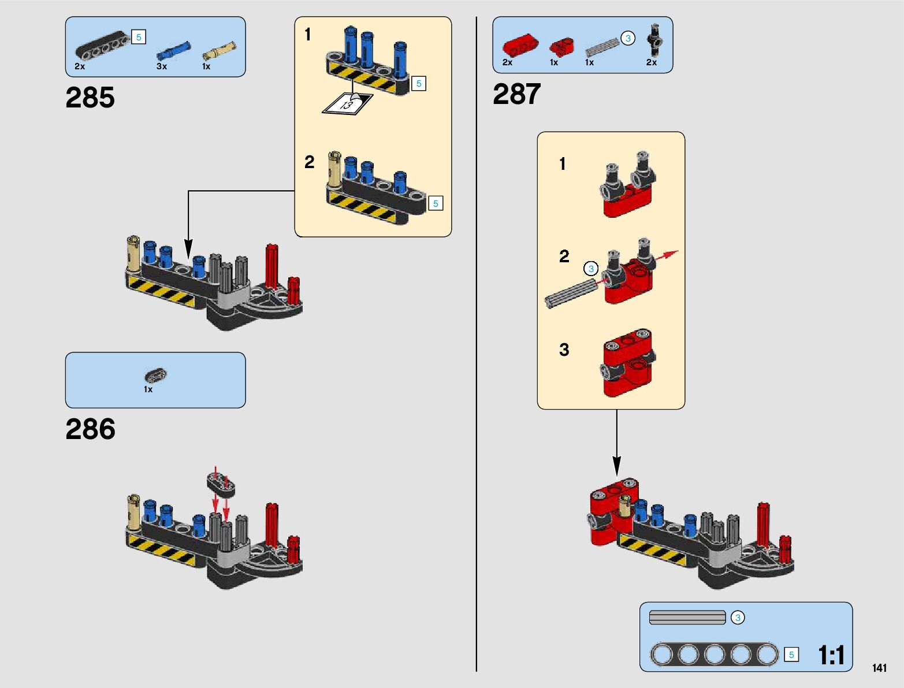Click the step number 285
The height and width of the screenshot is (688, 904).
(90, 97)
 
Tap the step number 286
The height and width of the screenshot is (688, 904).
(90, 429)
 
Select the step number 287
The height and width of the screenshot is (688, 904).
(516, 94)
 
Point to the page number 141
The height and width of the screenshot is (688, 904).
(879, 668)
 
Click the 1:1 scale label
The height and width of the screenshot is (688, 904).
(831, 655)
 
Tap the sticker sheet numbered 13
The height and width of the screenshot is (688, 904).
(347, 105)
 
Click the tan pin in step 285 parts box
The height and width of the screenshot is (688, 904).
(219, 51)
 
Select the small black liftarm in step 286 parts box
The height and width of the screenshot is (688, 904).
(155, 375)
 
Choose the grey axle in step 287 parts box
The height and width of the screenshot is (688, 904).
(602, 47)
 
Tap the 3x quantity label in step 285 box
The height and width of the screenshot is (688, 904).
(162, 66)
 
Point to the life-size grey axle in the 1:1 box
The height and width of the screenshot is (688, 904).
(687, 618)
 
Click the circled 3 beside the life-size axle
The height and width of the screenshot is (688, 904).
(738, 618)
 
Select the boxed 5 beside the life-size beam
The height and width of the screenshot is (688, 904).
(791, 654)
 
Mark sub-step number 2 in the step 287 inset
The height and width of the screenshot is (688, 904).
(564, 256)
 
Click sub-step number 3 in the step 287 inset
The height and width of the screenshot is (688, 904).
(564, 349)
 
